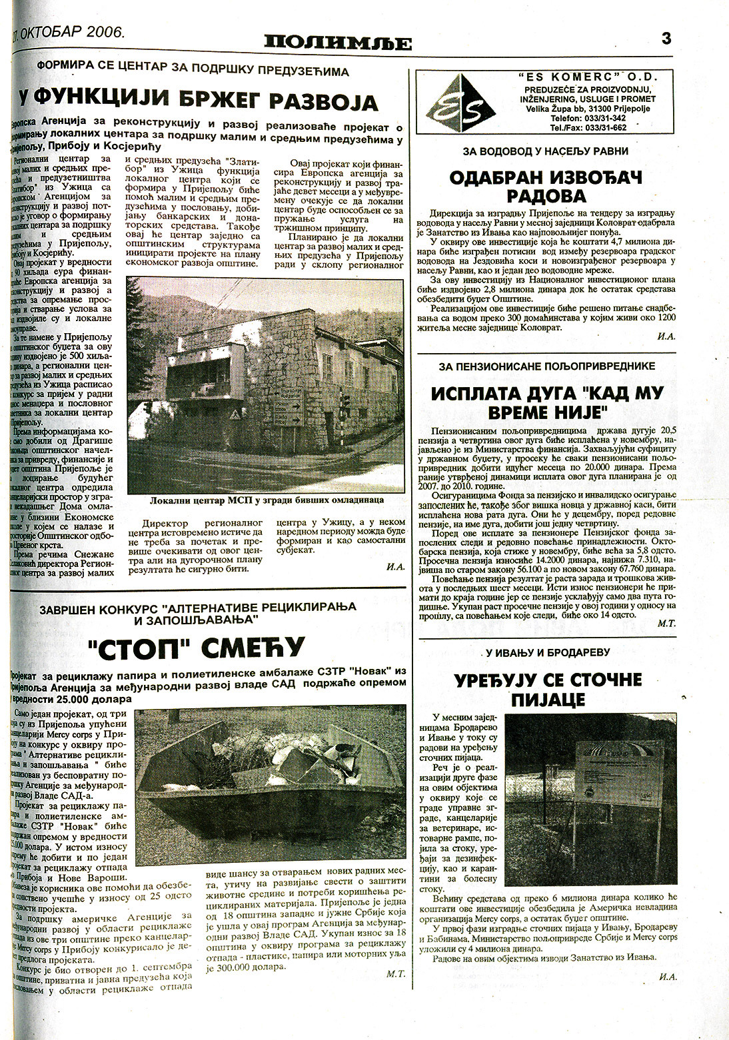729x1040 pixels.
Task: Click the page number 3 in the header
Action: pos(666,38)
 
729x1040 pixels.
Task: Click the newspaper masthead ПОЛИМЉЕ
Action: pos(337,43)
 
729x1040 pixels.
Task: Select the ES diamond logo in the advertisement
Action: pos(456,103)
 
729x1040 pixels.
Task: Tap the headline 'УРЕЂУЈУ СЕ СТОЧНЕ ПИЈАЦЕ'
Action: pos(548,689)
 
